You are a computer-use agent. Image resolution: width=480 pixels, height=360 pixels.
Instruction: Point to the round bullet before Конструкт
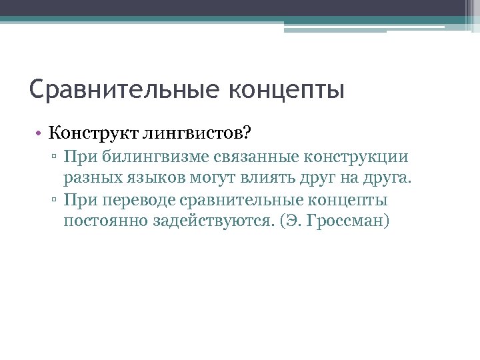41,133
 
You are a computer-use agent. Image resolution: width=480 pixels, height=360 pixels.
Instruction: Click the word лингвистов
195,134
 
